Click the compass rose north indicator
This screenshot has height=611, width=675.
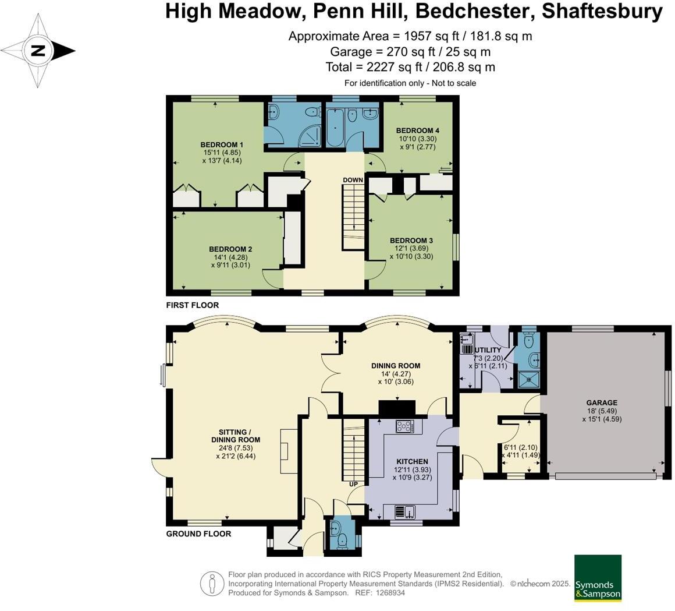[38, 51]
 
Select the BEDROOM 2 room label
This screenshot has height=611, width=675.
[231, 249]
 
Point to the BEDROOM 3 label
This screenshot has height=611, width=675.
[411, 241]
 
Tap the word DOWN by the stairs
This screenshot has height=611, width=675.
[353, 180]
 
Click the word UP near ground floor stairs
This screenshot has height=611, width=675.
[353, 484]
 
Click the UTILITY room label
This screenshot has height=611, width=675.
[488, 349]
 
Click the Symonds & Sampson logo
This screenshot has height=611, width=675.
[598, 578]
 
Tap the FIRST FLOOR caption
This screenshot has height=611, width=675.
[193, 305]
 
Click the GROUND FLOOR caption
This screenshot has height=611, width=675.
[198, 534]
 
